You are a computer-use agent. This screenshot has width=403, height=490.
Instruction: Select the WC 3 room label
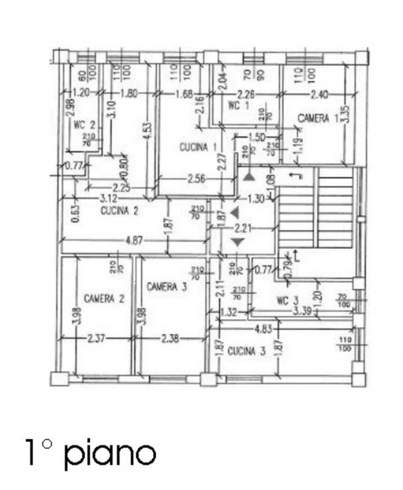[x=287, y=300]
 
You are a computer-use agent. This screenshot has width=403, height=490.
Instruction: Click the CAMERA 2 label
[x=105, y=299]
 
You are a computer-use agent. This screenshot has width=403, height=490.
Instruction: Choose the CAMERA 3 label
[x=166, y=286]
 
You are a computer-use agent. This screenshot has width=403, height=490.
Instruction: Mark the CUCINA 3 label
[x=247, y=351]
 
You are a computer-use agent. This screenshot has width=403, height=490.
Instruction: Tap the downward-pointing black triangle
[x=238, y=243]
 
